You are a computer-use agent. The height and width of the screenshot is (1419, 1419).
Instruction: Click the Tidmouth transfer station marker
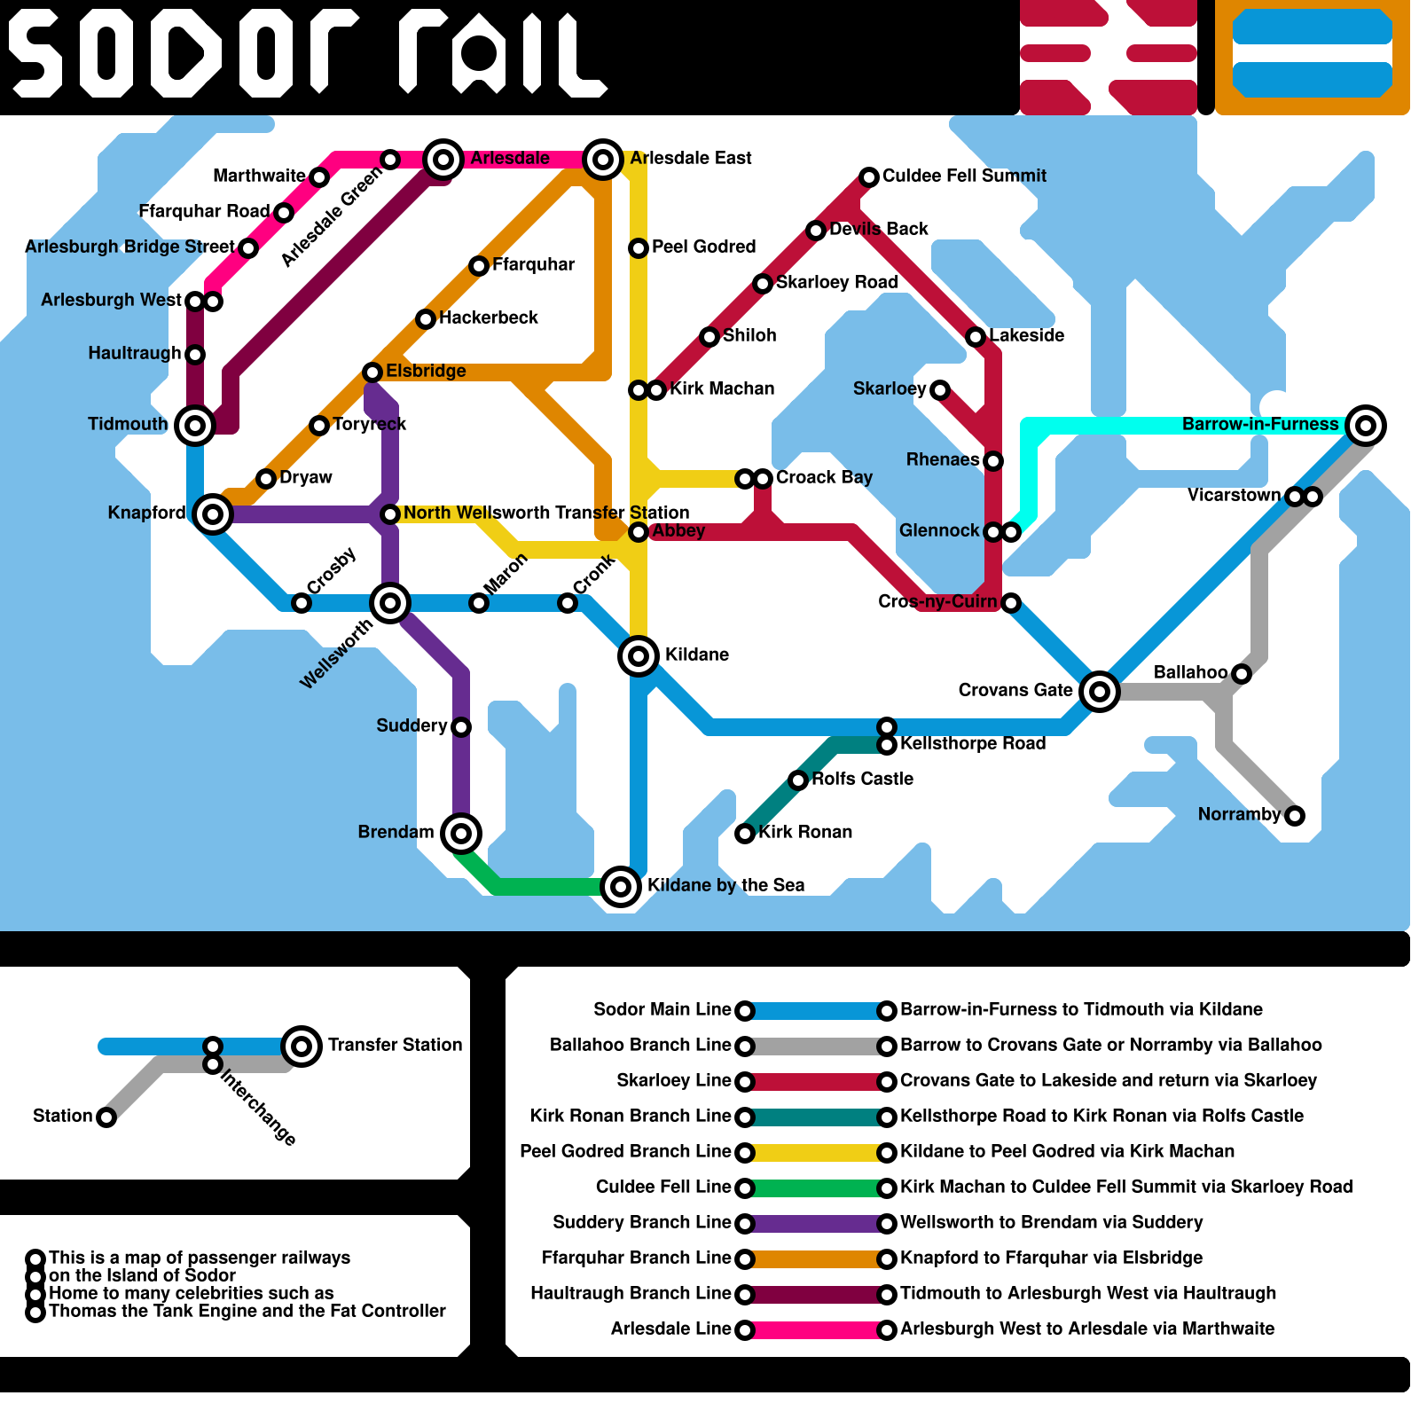tap(195, 426)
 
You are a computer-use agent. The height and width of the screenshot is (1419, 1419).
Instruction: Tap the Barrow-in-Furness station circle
tap(1366, 426)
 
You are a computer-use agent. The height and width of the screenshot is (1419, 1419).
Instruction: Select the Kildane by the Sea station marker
tap(621, 886)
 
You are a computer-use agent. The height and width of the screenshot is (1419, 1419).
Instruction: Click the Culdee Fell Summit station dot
tap(869, 177)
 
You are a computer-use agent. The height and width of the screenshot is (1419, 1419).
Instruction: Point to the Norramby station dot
tap(1295, 815)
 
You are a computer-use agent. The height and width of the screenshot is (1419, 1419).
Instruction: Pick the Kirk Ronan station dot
tap(745, 833)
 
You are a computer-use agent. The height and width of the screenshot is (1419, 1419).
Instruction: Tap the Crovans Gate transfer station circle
tap(1100, 691)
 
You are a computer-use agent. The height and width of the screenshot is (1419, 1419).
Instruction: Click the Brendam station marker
tap(460, 833)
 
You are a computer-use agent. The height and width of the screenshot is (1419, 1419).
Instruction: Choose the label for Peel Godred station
tap(703, 247)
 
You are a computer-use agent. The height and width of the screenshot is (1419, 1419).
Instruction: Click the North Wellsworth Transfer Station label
tap(545, 513)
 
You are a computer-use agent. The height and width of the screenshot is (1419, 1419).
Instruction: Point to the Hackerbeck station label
tap(488, 318)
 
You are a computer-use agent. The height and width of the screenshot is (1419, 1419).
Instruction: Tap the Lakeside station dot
tap(976, 336)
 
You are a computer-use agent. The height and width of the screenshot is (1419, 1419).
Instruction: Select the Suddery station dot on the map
tap(461, 727)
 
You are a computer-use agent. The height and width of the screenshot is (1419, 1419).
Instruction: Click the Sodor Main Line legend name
tap(662, 1009)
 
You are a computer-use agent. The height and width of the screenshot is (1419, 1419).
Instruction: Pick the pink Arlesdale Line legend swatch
tap(816, 1329)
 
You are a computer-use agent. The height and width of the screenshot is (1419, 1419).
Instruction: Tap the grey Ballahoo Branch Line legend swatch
tap(816, 1046)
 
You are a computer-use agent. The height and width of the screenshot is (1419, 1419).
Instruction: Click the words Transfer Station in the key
tap(395, 1045)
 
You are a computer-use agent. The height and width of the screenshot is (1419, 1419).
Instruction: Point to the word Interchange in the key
tap(257, 1107)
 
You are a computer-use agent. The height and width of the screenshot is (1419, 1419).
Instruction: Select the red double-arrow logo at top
tap(1108, 57)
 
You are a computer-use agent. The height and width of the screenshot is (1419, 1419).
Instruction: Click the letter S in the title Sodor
tap(35, 57)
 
